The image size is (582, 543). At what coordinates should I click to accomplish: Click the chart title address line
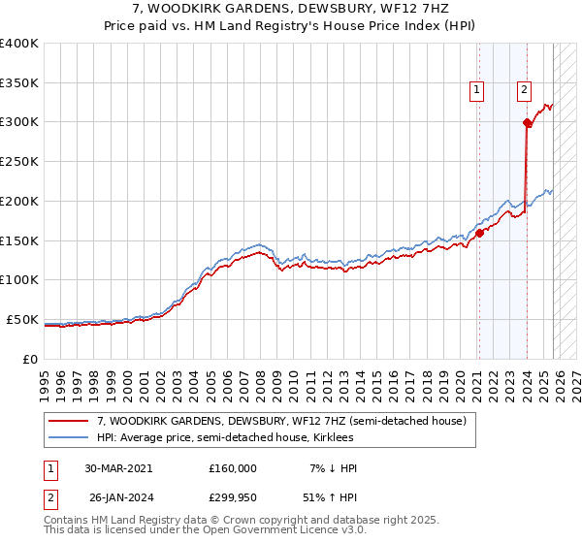[x=291, y=9]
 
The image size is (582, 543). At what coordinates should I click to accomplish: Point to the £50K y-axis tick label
[x=21, y=319]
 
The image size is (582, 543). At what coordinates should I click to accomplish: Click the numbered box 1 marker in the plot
[x=477, y=91]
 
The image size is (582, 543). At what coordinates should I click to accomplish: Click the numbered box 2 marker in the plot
[x=524, y=91]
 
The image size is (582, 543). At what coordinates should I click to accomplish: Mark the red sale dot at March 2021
[x=479, y=233]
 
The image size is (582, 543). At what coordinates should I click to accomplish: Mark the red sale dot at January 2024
[x=527, y=122]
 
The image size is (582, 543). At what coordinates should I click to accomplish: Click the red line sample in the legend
[x=69, y=421]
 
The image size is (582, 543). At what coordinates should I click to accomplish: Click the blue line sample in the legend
[x=69, y=437]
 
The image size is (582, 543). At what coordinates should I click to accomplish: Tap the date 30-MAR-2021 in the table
[x=118, y=468]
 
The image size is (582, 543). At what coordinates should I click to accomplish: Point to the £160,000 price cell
[x=232, y=468]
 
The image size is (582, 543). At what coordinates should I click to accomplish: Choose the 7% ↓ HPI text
[x=333, y=468]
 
